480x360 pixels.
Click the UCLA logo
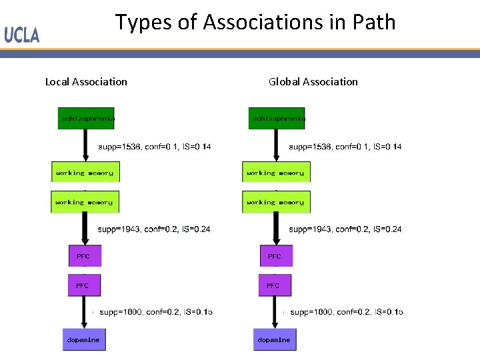click(22, 34)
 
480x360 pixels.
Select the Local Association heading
click(86, 81)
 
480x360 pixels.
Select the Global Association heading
click(313, 81)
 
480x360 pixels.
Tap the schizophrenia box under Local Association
click(86, 118)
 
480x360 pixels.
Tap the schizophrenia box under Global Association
click(277, 118)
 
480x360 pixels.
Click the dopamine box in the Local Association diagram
click(84, 339)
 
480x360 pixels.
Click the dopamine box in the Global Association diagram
click(274, 339)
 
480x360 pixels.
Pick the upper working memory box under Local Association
click(85, 172)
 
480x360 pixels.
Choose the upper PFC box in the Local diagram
click(85, 255)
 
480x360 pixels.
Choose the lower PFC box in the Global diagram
click(275, 285)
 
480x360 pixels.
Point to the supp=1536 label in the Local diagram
click(154, 147)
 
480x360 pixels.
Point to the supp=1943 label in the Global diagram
click(345, 229)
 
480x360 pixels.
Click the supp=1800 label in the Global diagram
click(346, 311)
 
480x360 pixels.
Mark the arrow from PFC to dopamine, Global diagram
click(275, 312)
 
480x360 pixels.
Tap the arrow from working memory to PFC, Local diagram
click(85, 229)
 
